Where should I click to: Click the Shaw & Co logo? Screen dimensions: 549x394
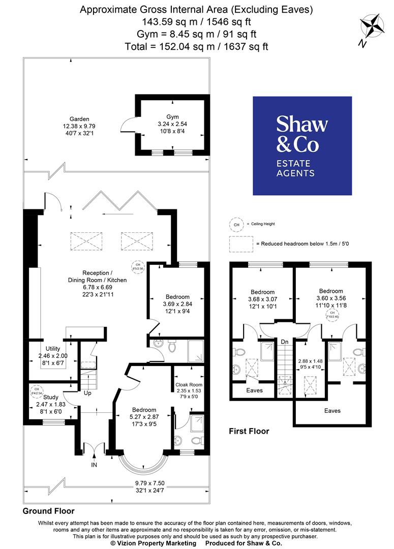click(302, 146)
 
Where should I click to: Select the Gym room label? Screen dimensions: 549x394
click(173, 116)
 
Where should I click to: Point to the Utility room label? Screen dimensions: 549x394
click(53, 349)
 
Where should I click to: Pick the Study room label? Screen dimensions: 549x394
click(51, 397)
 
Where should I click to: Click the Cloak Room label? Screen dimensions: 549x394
click(189, 385)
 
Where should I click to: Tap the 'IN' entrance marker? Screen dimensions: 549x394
click(94, 465)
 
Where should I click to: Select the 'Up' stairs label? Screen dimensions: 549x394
click(87, 393)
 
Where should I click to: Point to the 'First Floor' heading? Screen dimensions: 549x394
click(249, 431)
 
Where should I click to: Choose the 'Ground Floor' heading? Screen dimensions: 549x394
click(49, 511)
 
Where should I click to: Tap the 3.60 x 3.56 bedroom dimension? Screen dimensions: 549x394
click(331, 298)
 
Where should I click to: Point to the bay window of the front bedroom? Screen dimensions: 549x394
click(142, 465)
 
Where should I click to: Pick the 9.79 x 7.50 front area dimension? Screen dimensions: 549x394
click(149, 483)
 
